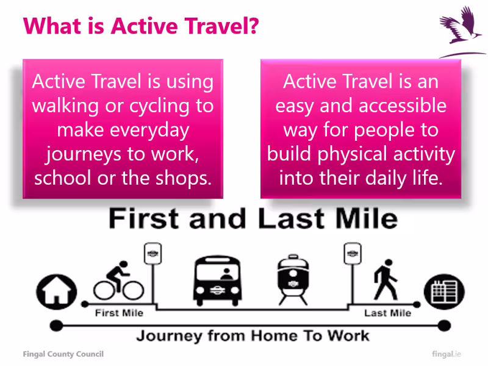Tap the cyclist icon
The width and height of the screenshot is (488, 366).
pos(118,282)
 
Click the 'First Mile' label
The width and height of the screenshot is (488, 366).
pos(120,313)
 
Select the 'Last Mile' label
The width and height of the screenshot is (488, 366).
pos(387,313)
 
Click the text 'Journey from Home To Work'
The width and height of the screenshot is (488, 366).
pos(253,335)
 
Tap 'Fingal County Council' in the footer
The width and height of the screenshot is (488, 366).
pos(63,354)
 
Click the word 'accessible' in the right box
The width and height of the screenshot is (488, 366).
pos(402,106)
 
